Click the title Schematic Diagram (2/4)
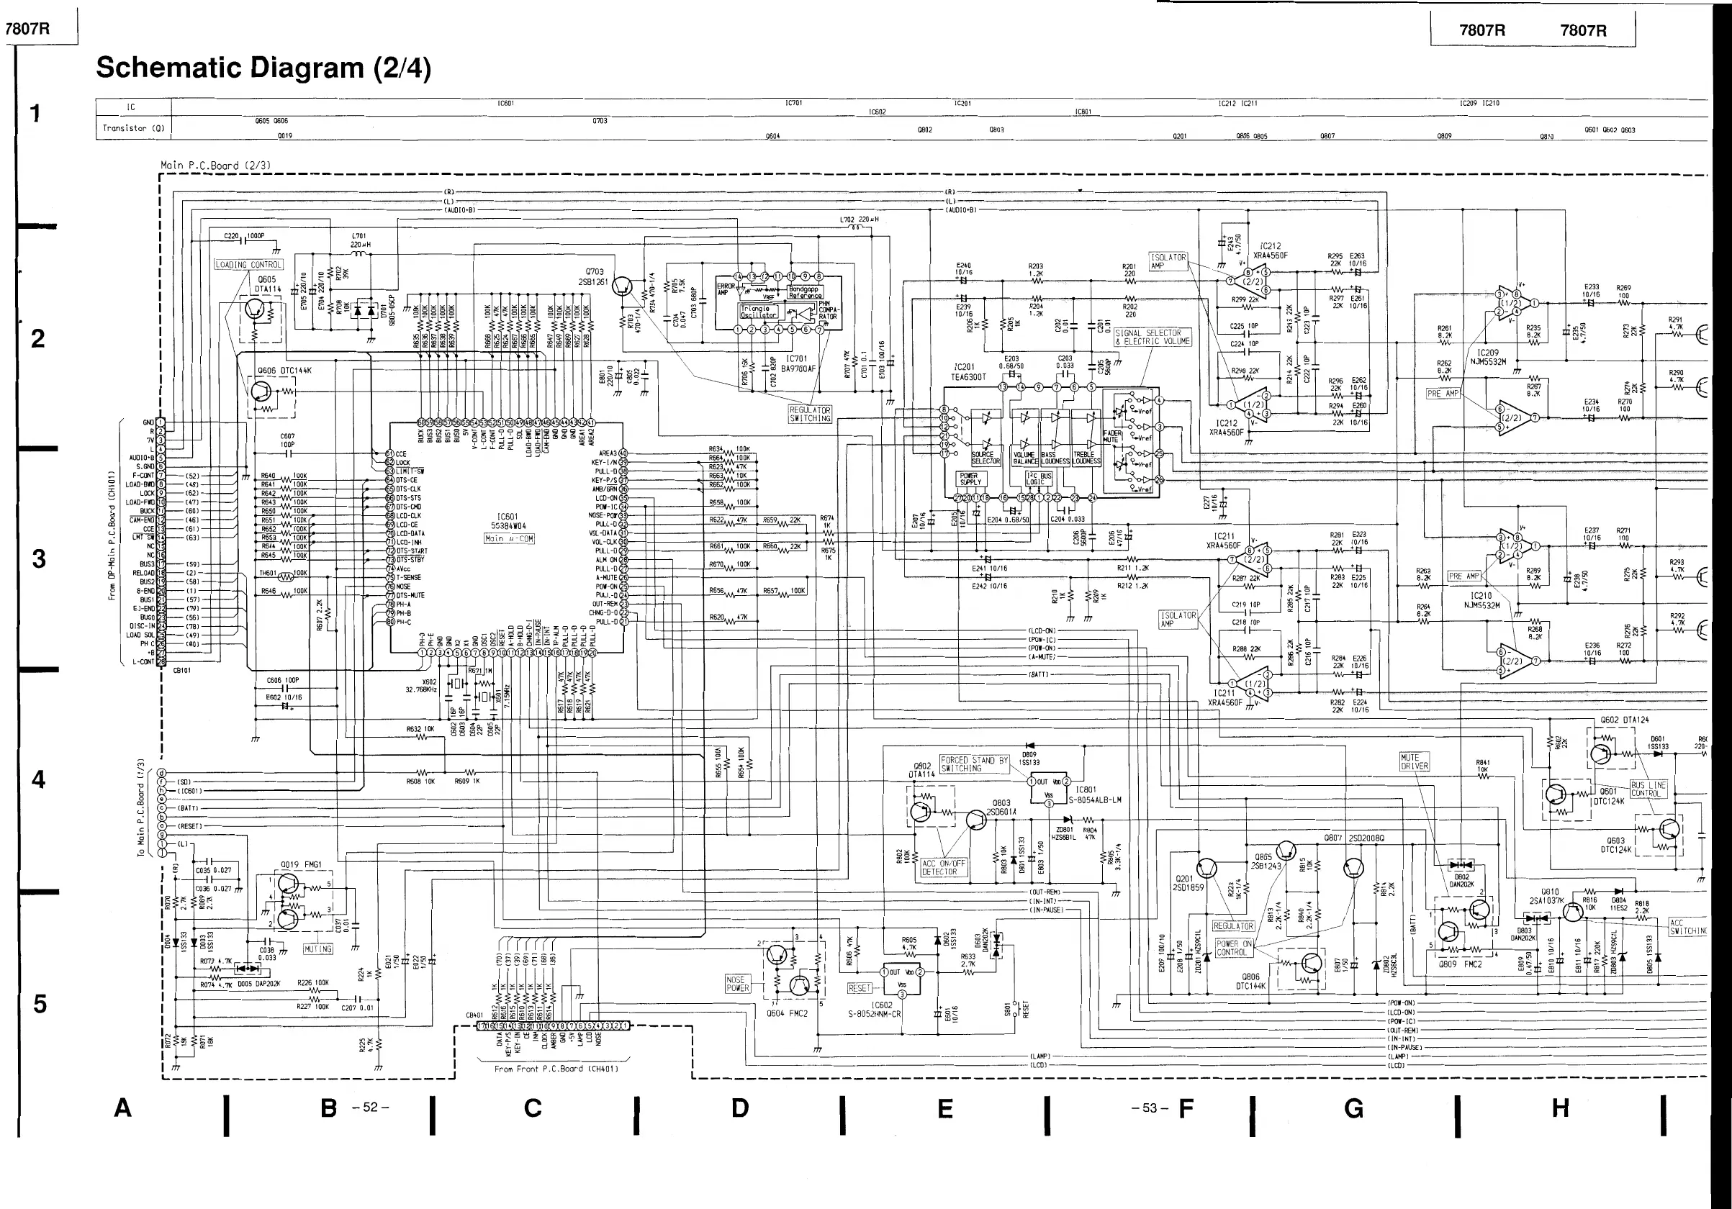[263, 68]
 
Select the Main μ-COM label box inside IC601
[509, 538]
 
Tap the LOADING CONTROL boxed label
[248, 265]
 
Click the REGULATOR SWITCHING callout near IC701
[809, 414]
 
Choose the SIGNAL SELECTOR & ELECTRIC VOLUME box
[1152, 337]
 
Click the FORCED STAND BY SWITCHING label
[974, 764]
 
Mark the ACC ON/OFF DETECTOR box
[943, 867]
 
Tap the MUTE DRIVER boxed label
[1415, 762]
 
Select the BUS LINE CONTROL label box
[1648, 789]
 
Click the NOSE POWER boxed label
[738, 984]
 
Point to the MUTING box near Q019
[317, 948]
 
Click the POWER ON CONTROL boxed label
[1234, 948]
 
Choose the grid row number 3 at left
[37, 559]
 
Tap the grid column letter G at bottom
[1354, 1108]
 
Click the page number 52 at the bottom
[371, 1108]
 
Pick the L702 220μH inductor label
[860, 219]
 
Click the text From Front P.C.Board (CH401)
[556, 1069]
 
